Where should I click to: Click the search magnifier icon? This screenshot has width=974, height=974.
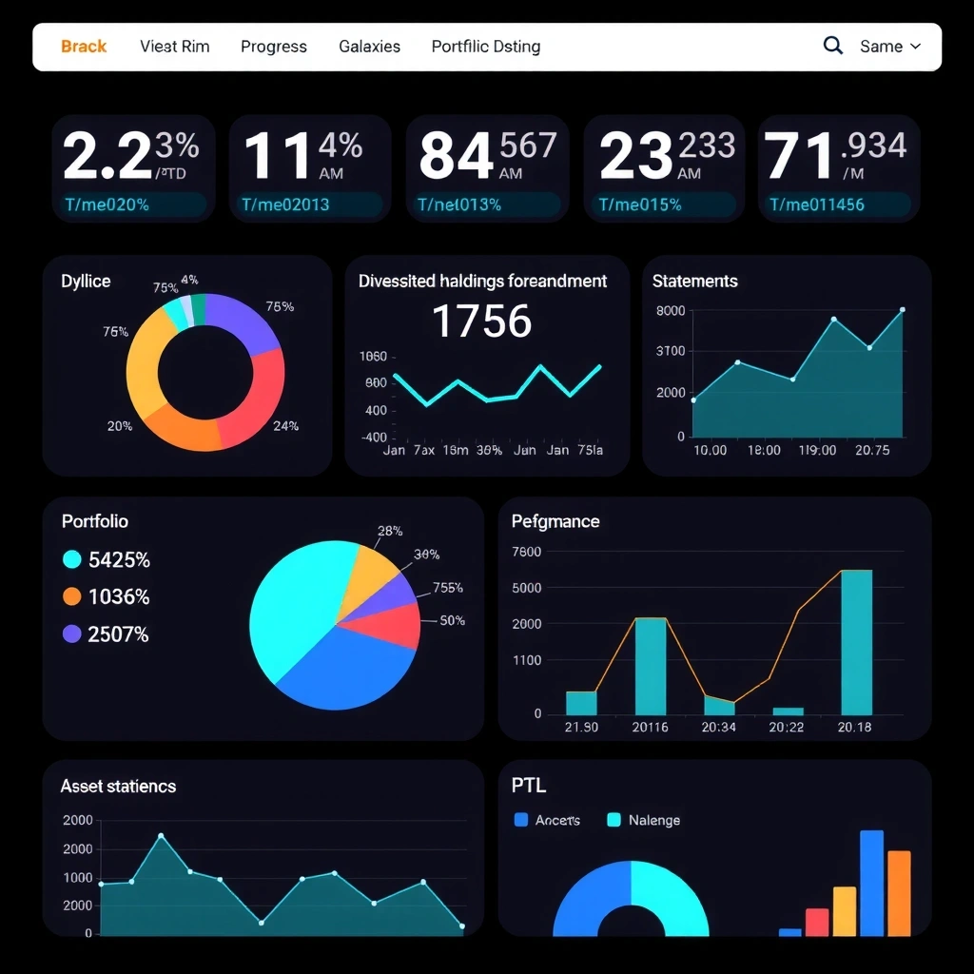[x=832, y=46]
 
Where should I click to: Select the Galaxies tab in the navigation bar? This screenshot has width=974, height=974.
[x=369, y=47]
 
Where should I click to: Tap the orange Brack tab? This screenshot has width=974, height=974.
[x=84, y=47]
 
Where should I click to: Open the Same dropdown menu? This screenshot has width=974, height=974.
[x=890, y=47]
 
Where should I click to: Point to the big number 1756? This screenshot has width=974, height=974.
[x=481, y=321]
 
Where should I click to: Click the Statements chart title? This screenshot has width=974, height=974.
[x=694, y=282]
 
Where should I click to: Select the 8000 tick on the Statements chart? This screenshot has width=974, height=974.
[x=671, y=311]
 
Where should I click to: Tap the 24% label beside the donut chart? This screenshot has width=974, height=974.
[x=285, y=426]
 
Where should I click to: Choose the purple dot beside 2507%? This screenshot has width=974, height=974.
[x=71, y=633]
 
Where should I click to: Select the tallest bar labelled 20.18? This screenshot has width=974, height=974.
[x=856, y=642]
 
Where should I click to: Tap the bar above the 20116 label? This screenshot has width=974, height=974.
[x=651, y=666]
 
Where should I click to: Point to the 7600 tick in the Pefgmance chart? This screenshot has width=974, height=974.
[x=526, y=552]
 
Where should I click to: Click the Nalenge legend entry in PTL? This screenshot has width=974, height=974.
[x=653, y=820]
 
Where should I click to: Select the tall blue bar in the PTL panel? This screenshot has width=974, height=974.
[x=871, y=883]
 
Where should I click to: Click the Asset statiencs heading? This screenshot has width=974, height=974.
[x=118, y=787]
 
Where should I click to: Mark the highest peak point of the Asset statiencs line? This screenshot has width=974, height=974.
[x=161, y=836]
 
